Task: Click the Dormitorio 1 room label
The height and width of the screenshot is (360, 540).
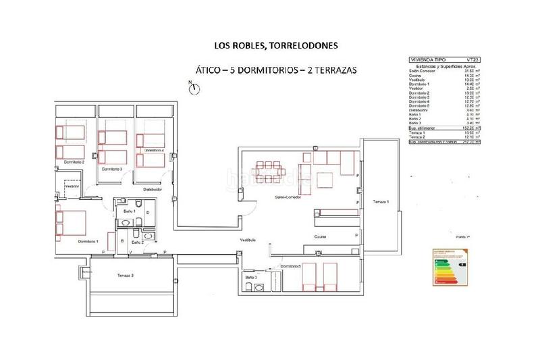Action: tap(88, 241)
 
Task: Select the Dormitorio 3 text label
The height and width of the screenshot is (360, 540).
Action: tap(111, 169)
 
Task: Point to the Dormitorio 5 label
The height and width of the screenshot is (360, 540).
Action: tap(290, 267)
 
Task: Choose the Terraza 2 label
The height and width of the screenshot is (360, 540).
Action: tap(125, 276)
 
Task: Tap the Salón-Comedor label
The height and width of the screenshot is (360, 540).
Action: tap(287, 197)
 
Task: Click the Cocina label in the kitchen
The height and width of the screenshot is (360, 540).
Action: tap(320, 236)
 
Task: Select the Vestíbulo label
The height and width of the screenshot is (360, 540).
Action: tap(248, 241)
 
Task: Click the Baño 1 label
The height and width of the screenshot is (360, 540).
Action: tap(130, 211)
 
